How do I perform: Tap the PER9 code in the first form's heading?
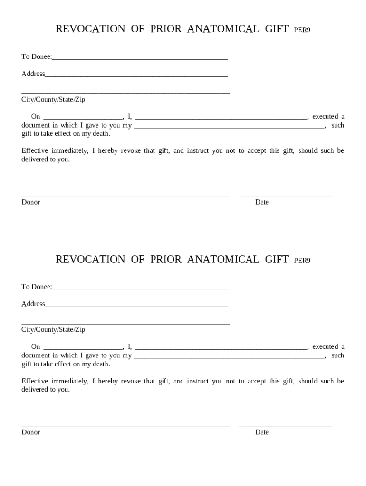pyautogui.click(x=302, y=30)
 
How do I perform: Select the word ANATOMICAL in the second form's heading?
pyautogui.click(x=223, y=259)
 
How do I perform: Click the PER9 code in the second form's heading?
pyautogui.click(x=302, y=260)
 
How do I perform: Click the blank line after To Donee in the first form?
pyautogui.click(x=140, y=58)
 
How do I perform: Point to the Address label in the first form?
pyautogui.click(x=33, y=74)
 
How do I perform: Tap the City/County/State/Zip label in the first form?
pyautogui.click(x=53, y=100)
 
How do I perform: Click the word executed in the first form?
pyautogui.click(x=325, y=116)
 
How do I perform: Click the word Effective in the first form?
pyautogui.click(x=35, y=150)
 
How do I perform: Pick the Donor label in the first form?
pyautogui.click(x=30, y=202)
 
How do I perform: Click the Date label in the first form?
pyautogui.click(x=262, y=202)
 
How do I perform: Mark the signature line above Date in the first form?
pyautogui.click(x=285, y=196)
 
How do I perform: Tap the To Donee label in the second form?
pyautogui.click(x=36, y=287)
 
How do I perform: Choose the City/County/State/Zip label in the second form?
pyautogui.click(x=53, y=329)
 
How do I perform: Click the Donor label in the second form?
pyautogui.click(x=30, y=432)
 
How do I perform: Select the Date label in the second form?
pyautogui.click(x=262, y=432)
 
